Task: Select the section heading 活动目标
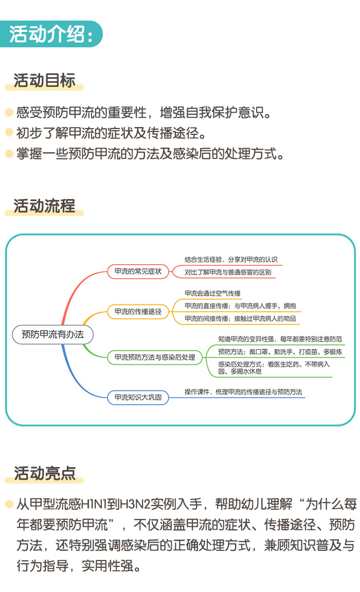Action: tap(44, 80)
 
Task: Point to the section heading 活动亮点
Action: tap(44, 473)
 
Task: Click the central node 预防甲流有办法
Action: tap(53, 334)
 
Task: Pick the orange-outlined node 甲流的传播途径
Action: tap(138, 311)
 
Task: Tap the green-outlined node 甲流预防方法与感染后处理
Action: tap(155, 357)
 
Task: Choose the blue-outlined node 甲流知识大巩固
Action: tap(138, 397)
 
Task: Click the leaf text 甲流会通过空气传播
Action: tap(212, 293)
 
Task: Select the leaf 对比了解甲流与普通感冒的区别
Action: tap(228, 273)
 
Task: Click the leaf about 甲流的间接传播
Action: tap(240, 318)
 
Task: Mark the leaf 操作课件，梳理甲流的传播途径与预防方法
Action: tap(243, 392)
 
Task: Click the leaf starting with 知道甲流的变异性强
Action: tap(280, 339)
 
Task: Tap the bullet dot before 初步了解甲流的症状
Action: tap(9, 132)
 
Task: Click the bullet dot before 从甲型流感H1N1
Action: tap(9, 504)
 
